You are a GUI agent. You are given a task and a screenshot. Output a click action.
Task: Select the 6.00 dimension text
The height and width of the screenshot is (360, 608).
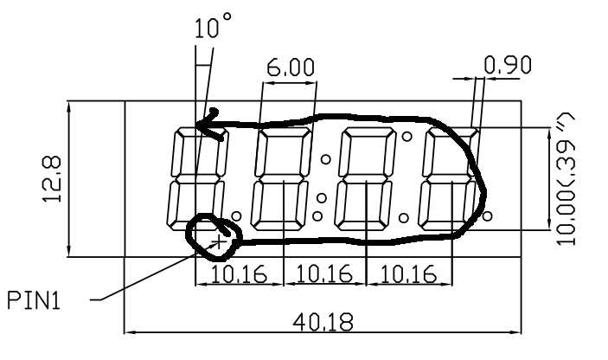tap(291, 67)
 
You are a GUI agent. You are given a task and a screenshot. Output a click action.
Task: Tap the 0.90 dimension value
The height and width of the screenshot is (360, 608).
tap(508, 65)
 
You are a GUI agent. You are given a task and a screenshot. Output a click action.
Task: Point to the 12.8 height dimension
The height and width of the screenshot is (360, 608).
tap(52, 179)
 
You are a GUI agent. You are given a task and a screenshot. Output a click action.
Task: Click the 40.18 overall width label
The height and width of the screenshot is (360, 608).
tap(323, 322)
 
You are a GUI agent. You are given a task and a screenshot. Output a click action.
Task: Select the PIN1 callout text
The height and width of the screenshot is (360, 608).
tap(34, 300)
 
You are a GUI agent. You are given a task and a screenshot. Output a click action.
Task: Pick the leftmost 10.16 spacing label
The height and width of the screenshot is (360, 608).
tap(240, 273)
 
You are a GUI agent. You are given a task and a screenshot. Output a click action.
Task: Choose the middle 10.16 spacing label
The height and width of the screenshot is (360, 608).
tap(324, 273)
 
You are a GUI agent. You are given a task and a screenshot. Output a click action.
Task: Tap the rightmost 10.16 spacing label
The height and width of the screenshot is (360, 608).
tap(409, 273)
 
